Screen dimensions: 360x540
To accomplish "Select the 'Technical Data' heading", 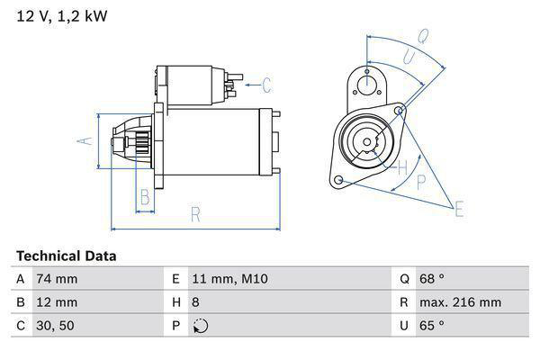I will [66, 256].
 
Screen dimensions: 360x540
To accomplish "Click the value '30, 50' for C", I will [55, 326].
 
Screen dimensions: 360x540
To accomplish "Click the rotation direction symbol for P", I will [200, 326].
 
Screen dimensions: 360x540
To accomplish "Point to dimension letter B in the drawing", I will [144, 198].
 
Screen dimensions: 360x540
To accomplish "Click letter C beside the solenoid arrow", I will [266, 86].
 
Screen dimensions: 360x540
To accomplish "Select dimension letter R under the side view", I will [194, 214].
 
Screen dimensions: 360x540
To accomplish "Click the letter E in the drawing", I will [458, 210].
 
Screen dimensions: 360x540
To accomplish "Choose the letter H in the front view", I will [402, 166].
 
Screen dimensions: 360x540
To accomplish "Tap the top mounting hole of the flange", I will [366, 84].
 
